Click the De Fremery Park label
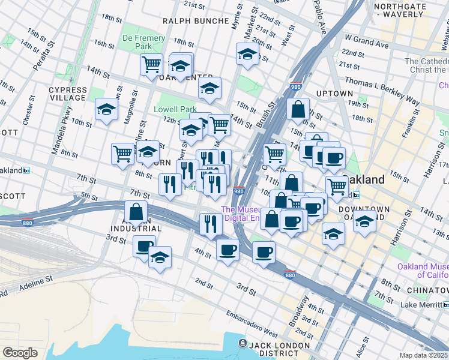click(x=143, y=42)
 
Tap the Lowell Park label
click(x=175, y=110)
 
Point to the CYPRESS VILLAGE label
click(x=68, y=94)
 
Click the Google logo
click(x=20, y=353)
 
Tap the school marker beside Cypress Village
click(x=106, y=109)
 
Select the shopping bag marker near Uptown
click(x=298, y=109)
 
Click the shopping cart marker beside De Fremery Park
click(x=151, y=64)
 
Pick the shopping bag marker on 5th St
click(x=136, y=211)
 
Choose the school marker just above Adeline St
click(x=160, y=257)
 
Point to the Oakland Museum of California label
click(x=422, y=271)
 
